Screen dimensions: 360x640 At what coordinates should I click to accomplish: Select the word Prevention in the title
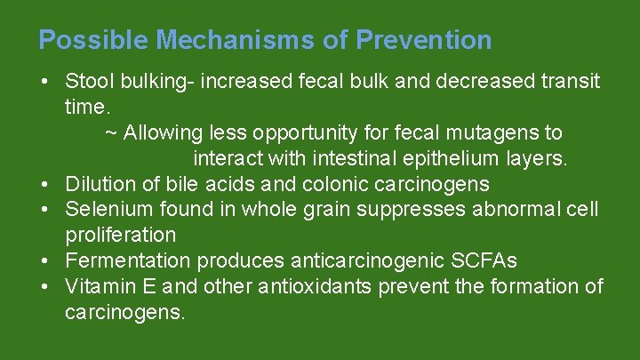[x=423, y=40]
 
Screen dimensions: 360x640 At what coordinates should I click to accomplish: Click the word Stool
[x=88, y=82]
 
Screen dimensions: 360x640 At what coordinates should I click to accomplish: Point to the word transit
[x=569, y=82]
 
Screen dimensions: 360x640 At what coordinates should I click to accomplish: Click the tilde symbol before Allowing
[x=111, y=133]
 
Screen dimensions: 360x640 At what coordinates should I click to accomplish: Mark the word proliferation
[x=120, y=236]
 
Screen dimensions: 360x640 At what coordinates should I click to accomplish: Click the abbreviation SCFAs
[x=483, y=261]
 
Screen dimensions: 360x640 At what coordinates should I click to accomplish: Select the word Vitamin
[x=97, y=287]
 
